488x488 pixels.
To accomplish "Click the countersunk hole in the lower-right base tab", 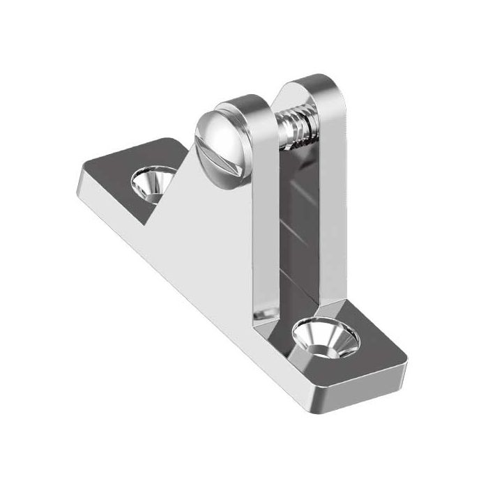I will [326, 338].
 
